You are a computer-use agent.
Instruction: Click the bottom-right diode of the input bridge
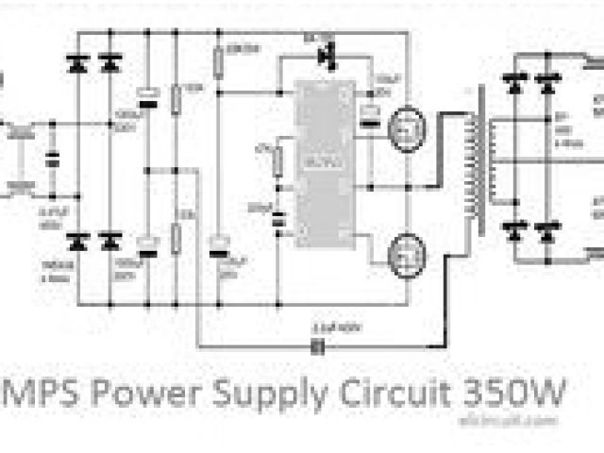click(x=110, y=240)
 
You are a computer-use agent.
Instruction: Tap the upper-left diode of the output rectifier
click(x=515, y=85)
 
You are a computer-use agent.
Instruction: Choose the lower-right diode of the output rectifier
click(x=545, y=230)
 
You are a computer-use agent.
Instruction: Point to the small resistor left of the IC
click(x=277, y=163)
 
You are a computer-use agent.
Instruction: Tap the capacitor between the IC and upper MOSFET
click(x=368, y=114)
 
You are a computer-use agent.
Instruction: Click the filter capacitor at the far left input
click(x=53, y=164)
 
